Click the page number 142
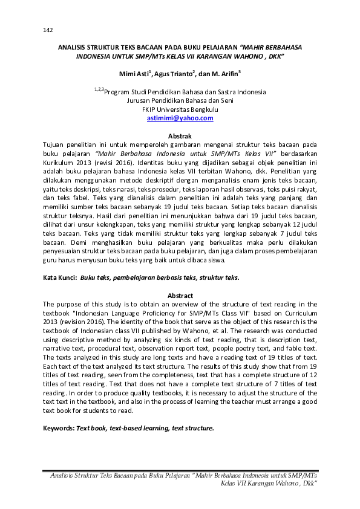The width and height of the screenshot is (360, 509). [x=48, y=30]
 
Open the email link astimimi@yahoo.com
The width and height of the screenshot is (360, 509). [x=180, y=118]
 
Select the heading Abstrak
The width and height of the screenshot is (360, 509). [x=180, y=137]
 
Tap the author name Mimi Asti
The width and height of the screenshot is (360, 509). [x=136, y=75]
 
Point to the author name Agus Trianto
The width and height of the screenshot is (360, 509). [x=171, y=75]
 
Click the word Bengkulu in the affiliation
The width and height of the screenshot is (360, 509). [x=204, y=110]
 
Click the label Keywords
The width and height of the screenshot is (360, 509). [x=59, y=427]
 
